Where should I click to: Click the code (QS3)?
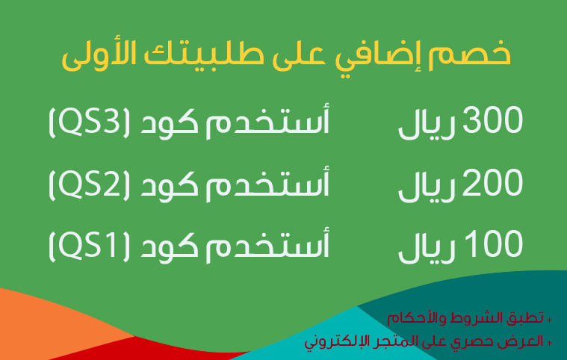pos(89,122)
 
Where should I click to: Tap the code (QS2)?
pos(89,184)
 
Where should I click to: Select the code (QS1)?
pos(89,245)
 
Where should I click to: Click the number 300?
pos(492,120)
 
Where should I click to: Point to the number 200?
pos(492,181)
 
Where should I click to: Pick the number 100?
pos(494,243)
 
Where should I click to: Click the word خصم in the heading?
pos(469,55)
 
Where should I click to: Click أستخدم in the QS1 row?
pos(267,244)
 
